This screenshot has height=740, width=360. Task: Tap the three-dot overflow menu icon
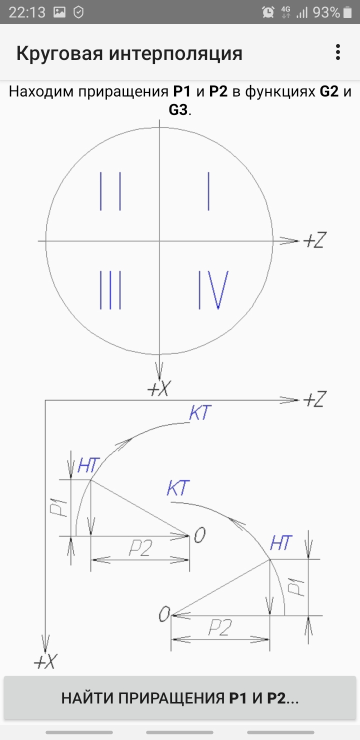(x=338, y=52)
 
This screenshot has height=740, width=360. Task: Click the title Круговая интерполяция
(x=129, y=53)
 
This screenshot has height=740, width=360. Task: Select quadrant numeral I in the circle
(x=208, y=191)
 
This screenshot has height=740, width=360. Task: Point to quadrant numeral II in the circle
(x=110, y=191)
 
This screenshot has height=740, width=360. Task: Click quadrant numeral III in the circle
(x=110, y=290)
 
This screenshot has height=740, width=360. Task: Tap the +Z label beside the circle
(x=314, y=241)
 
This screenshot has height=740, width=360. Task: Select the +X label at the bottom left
(x=45, y=662)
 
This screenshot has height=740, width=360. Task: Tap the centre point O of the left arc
(x=199, y=536)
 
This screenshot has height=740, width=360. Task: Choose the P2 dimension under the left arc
(x=140, y=549)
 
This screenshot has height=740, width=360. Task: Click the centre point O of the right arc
(x=164, y=614)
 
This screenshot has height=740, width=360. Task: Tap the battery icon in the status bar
(x=347, y=12)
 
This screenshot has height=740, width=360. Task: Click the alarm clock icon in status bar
(x=268, y=12)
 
